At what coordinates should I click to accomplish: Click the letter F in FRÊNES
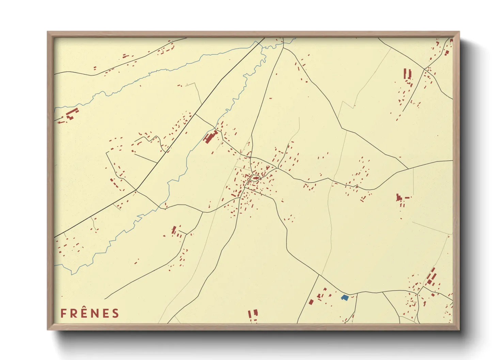(x=63, y=313)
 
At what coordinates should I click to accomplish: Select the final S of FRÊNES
(x=116, y=313)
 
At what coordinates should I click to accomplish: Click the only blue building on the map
(x=345, y=298)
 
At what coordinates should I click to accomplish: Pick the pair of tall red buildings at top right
(x=407, y=74)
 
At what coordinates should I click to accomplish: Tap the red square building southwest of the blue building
(x=311, y=302)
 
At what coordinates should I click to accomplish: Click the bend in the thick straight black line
(x=136, y=190)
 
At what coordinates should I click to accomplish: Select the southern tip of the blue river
(x=72, y=274)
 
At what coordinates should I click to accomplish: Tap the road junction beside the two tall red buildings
(x=423, y=69)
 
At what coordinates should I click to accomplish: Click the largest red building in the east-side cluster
(x=399, y=197)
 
